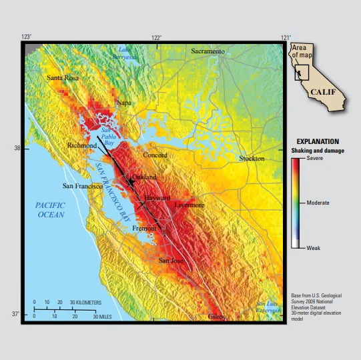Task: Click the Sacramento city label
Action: coord(208,51)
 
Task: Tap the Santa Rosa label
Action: coord(62,78)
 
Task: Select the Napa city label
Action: coord(124,103)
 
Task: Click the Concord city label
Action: coord(155,155)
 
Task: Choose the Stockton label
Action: coord(252,159)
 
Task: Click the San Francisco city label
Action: coord(82,186)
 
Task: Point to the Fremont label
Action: coord(145,229)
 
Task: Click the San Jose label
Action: coord(171,260)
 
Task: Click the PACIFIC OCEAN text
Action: coord(50,210)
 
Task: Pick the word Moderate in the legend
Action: coord(318,202)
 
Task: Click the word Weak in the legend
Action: coord(313,247)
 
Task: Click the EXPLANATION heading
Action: coord(318,142)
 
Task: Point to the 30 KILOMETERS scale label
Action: coord(85,303)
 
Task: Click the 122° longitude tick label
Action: coord(157,37)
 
